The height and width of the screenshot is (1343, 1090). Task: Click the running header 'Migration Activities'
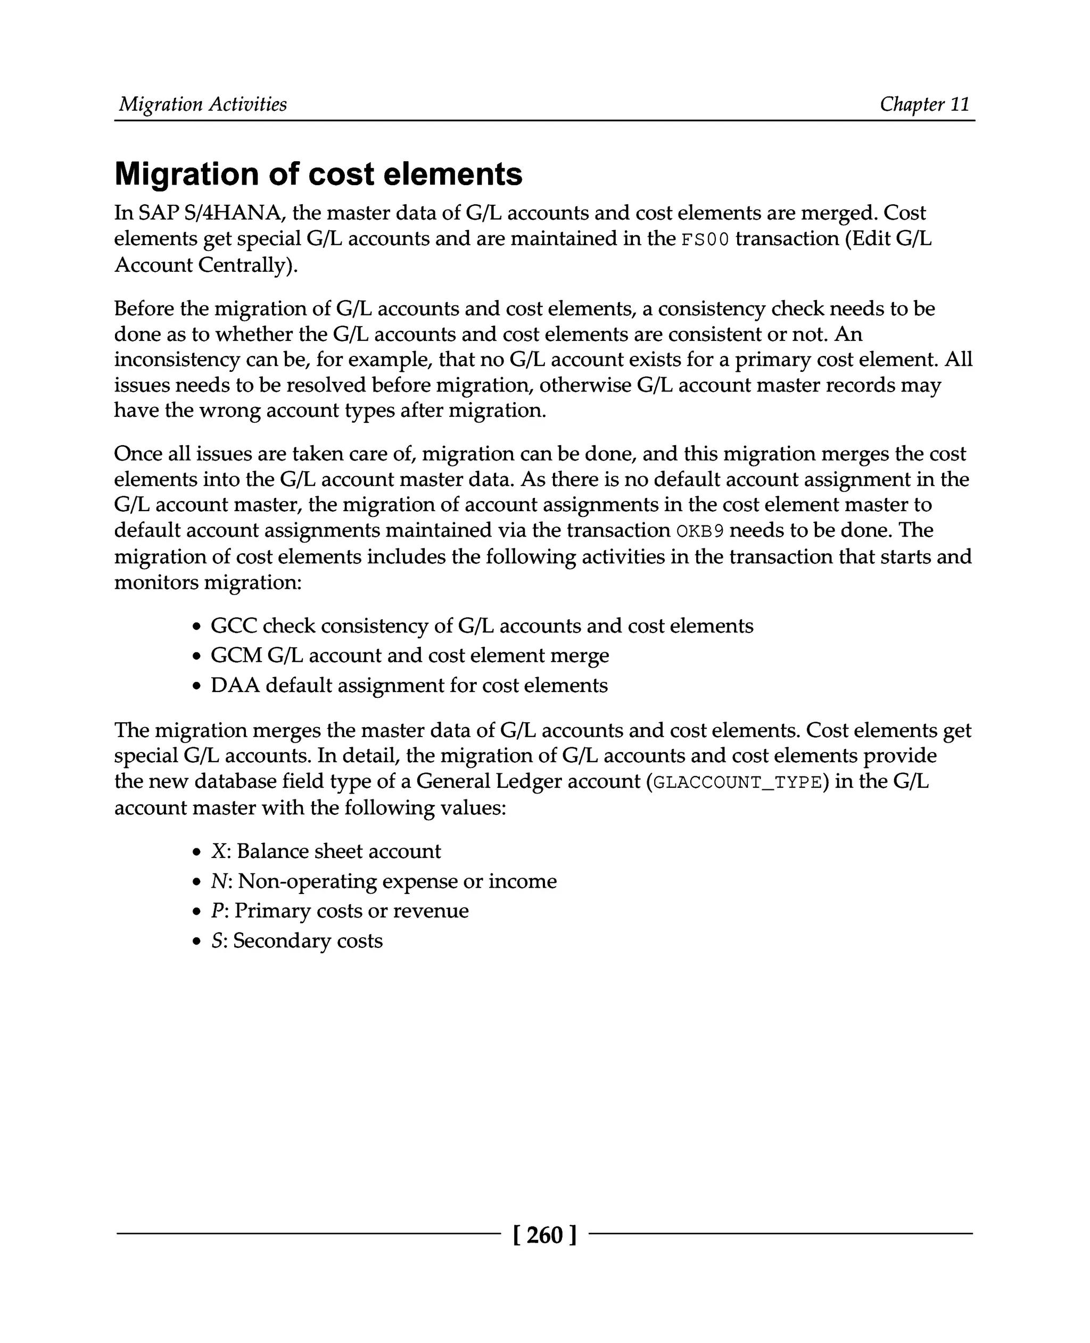point(203,104)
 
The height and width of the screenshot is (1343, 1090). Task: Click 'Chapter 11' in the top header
point(924,104)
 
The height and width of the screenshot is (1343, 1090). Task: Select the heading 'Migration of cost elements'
point(318,174)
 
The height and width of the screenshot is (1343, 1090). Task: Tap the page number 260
point(544,1235)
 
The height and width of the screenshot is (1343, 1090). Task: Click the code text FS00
point(705,240)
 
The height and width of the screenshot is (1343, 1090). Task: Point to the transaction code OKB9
point(700,531)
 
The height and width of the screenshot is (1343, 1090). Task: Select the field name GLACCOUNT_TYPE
point(737,782)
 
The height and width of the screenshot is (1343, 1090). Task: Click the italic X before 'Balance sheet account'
point(218,852)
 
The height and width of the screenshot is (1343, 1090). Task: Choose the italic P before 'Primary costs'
point(217,911)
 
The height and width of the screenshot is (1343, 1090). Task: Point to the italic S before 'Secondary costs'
point(217,941)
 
